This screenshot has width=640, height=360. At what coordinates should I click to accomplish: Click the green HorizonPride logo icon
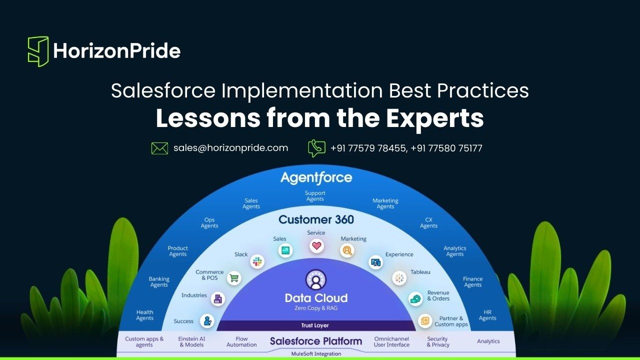coord(38,51)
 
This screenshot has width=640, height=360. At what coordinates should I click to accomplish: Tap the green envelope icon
coord(159,148)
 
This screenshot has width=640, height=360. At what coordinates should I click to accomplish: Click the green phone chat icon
coord(316,148)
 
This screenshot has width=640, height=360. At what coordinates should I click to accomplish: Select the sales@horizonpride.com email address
coord(231,148)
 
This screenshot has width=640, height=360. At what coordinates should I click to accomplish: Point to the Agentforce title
coord(316,177)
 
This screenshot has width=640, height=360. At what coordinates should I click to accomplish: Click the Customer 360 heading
coord(316,219)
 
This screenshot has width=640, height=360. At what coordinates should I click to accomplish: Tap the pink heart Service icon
coord(316,245)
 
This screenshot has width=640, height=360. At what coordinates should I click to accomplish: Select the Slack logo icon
coord(257,261)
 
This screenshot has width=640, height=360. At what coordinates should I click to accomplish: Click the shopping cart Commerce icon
coord(234,278)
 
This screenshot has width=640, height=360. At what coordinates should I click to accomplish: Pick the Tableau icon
coord(399,278)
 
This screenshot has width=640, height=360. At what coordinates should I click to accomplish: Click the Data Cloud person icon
coord(315,279)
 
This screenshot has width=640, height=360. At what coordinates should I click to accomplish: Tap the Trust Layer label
coord(315,325)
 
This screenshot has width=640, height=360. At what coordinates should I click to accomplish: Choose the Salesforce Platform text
coord(316,341)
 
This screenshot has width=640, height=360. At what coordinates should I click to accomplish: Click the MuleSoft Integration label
coord(316,353)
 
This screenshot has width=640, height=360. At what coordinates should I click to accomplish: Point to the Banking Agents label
coord(159,281)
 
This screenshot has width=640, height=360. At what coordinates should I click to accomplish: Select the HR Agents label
coord(487,315)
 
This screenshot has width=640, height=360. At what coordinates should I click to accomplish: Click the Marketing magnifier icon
coord(347,250)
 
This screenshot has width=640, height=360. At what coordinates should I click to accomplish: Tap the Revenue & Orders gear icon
coord(415,299)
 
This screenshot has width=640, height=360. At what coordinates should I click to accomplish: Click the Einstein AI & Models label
coord(191,341)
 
